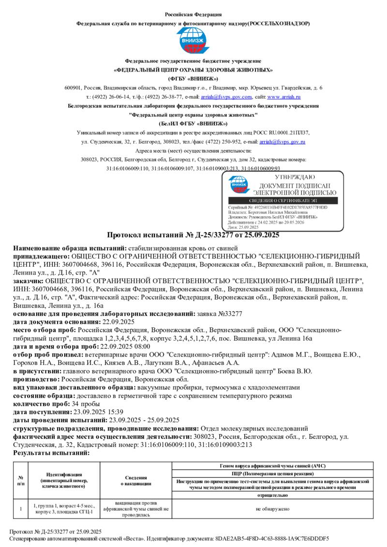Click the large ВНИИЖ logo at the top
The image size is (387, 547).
point(193,41)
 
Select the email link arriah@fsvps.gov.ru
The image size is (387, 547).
point(282,142)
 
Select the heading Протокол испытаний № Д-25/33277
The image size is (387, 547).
point(193,235)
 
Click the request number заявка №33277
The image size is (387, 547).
point(221,314)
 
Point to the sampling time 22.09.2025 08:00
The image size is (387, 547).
point(124,346)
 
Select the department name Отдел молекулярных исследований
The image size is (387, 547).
point(254,429)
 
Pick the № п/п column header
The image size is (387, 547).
point(21,480)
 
